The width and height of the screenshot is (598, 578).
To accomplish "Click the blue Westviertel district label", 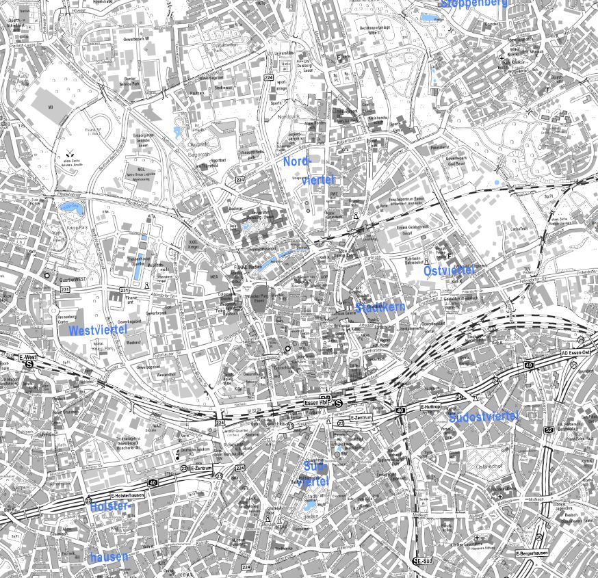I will click(99, 330).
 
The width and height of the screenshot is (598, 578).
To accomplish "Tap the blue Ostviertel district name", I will click(449, 271).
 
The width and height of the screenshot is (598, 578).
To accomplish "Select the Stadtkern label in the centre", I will click(380, 307).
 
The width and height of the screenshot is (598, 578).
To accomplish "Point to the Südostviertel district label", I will click(484, 417).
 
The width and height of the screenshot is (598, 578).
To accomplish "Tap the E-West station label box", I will click(28, 358).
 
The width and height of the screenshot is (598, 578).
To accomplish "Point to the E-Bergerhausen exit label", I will click(531, 553).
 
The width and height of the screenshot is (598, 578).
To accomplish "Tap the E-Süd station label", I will click(424, 561).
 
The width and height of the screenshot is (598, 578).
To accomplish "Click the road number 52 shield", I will click(548, 430).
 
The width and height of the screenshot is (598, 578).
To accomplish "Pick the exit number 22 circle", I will click(88, 501).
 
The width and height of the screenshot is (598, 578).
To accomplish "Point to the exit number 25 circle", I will click(581, 340).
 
